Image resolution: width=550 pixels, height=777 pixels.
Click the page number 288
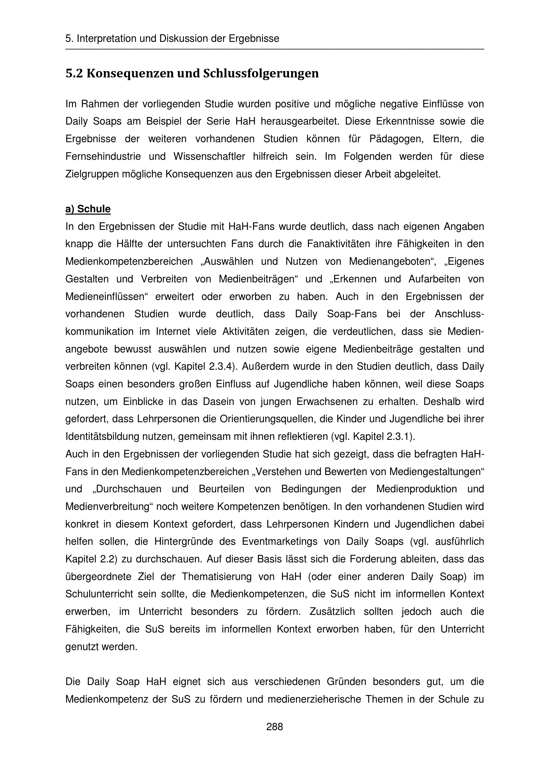click(274, 727)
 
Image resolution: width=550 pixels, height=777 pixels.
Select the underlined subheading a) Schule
click(88, 209)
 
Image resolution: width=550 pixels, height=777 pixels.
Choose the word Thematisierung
click(217, 577)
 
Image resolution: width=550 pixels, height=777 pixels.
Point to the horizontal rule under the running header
click(274, 50)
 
